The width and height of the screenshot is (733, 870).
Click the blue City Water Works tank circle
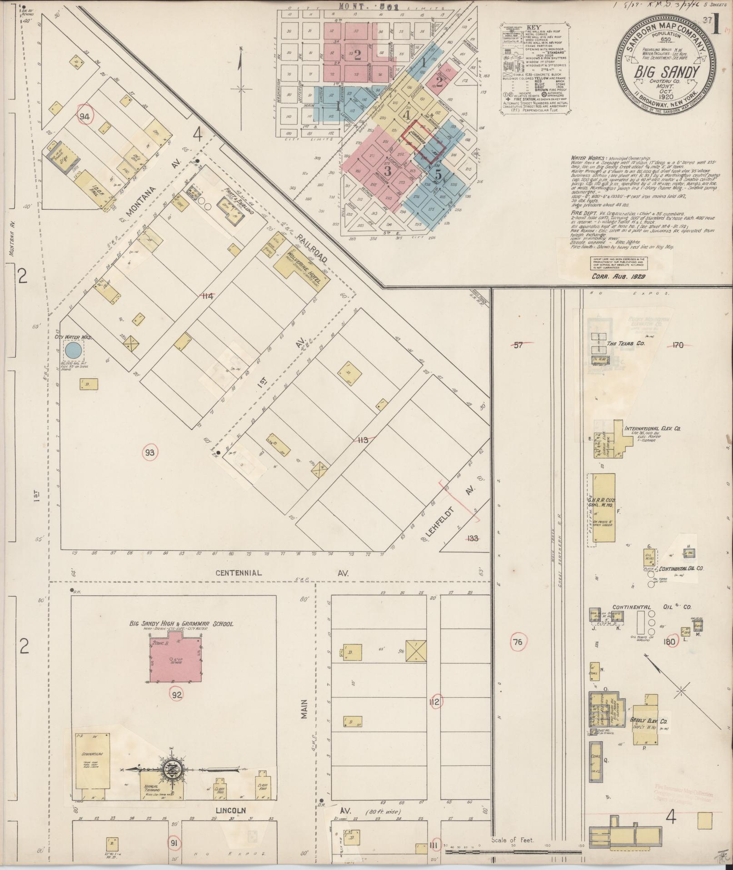(73, 350)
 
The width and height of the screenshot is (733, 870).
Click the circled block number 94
(84, 116)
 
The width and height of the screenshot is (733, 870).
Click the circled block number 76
(517, 642)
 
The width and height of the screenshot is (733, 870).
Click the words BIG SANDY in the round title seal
(666, 72)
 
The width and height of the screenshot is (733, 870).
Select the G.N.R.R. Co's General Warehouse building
(603, 509)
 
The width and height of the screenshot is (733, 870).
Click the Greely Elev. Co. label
(648, 734)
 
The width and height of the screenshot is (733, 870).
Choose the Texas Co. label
(626, 344)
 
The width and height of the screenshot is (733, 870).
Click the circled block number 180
(669, 642)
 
